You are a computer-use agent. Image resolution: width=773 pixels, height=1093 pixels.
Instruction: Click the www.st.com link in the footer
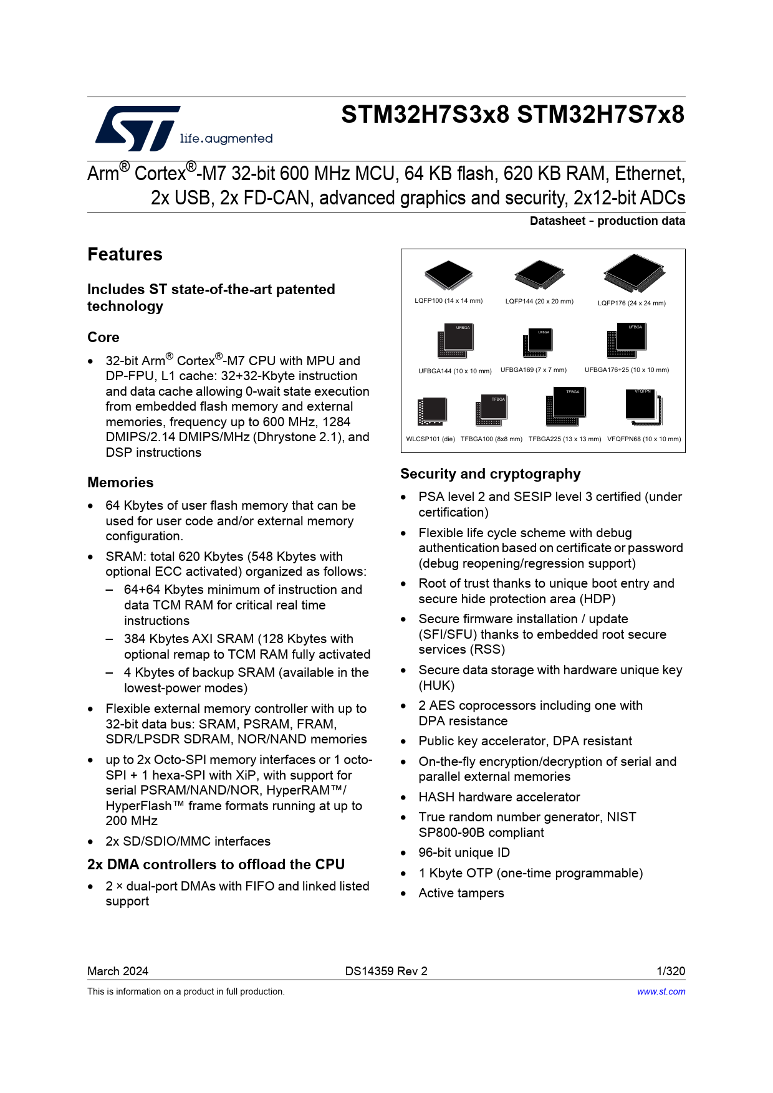coord(661,991)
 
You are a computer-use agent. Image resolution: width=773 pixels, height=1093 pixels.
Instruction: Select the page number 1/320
coord(671,971)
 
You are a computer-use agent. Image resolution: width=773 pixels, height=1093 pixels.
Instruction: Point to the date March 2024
coord(118,971)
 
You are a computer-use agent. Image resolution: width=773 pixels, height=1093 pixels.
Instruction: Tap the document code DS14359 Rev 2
coord(386,971)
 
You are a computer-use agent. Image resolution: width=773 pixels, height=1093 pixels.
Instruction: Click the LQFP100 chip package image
coord(448,275)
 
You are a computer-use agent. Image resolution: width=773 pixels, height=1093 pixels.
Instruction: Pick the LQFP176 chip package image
coord(634,273)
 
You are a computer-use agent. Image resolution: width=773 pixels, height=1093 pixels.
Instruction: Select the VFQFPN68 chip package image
coord(643,406)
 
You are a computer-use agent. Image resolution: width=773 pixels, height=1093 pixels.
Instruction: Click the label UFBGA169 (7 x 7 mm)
coord(534,370)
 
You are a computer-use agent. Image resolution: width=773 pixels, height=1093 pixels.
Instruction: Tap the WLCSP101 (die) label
coord(431,439)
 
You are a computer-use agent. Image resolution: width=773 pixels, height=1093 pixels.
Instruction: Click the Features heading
coord(125,254)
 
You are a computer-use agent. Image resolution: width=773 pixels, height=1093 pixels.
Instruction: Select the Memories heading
coord(120,482)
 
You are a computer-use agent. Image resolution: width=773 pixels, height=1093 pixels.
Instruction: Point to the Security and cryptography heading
coord(490,474)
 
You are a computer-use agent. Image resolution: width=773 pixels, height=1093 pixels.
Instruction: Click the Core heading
coord(103,337)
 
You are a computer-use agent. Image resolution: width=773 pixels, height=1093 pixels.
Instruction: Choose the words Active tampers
coord(461,893)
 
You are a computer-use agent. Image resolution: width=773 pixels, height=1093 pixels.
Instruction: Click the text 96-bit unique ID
coord(464,852)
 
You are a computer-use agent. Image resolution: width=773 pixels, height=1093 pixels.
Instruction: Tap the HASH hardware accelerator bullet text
coord(499,797)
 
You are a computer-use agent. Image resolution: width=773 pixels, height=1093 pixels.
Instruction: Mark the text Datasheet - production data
coord(607,221)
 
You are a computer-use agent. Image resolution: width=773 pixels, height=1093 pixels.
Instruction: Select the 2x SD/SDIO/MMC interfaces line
coord(188,841)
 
